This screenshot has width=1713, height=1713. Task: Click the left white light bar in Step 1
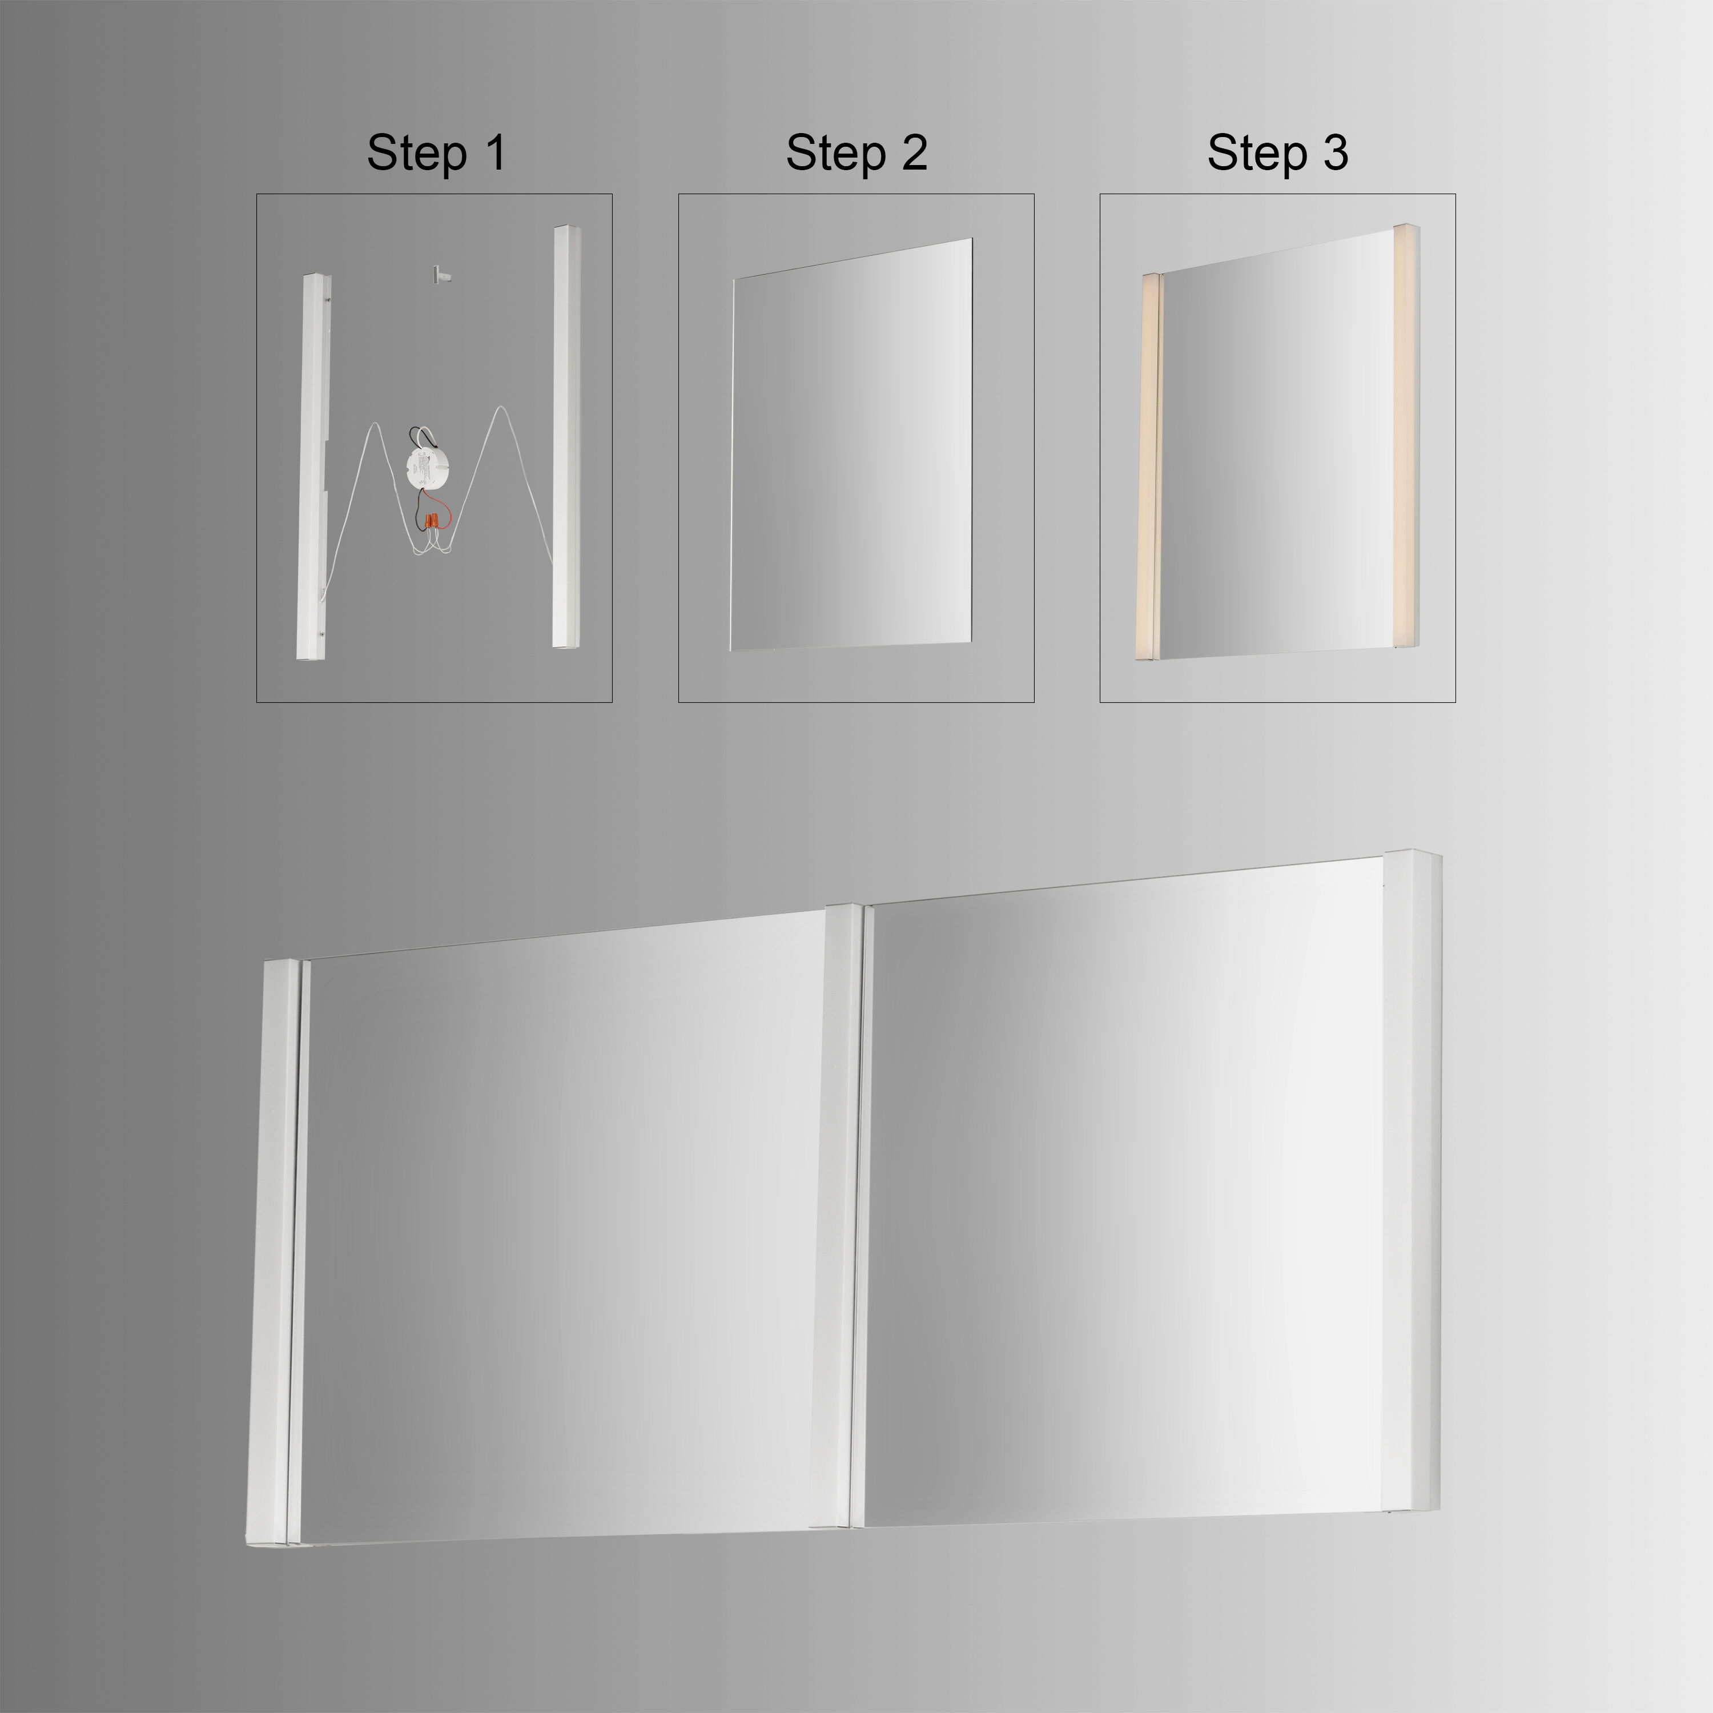[312, 470]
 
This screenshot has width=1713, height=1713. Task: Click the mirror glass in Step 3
[1277, 452]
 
